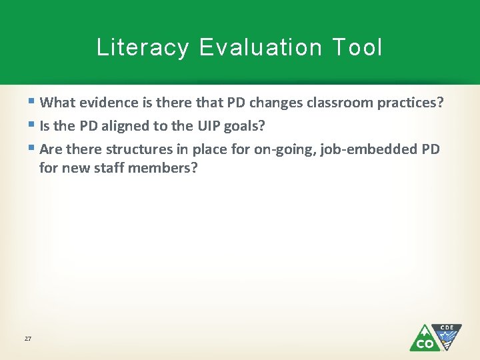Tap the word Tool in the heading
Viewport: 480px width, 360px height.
pyautogui.click(x=357, y=47)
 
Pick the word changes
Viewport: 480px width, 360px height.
pyautogui.click(x=275, y=103)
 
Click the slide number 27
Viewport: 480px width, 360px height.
pyautogui.click(x=28, y=339)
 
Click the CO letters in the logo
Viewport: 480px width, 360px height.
pyautogui.click(x=424, y=343)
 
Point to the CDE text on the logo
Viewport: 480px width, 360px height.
pyautogui.click(x=447, y=327)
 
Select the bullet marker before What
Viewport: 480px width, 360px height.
pyautogui.click(x=33, y=103)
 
